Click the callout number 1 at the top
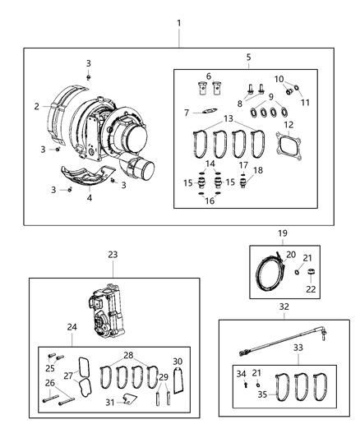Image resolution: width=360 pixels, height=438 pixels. pos(179,22)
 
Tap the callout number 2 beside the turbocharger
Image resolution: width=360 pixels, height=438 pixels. pos(36,106)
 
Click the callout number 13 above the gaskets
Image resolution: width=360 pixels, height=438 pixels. pos(226,119)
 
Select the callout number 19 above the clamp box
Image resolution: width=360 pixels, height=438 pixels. pos(282,233)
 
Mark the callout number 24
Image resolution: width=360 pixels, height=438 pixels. pos(72,327)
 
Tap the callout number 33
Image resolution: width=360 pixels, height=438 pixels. pos(298,348)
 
